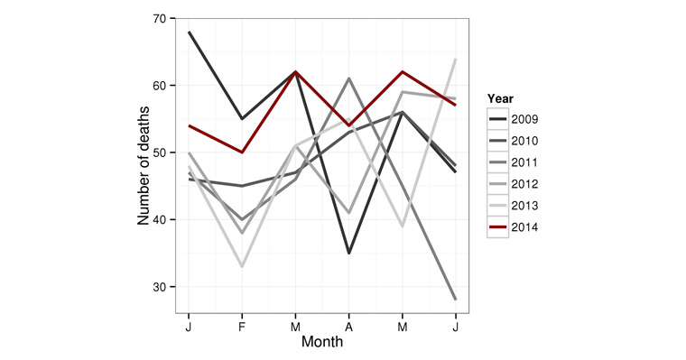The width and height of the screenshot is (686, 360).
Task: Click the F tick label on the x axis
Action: click(241, 328)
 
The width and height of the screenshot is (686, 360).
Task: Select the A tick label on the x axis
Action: click(348, 328)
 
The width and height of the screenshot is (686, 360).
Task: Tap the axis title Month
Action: click(321, 343)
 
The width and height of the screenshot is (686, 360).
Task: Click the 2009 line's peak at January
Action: click(189, 32)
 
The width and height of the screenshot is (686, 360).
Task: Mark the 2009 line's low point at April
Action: click(348, 254)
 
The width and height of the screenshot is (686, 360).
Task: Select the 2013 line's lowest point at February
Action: click(242, 266)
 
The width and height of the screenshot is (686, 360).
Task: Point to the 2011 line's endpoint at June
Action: click(455, 300)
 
